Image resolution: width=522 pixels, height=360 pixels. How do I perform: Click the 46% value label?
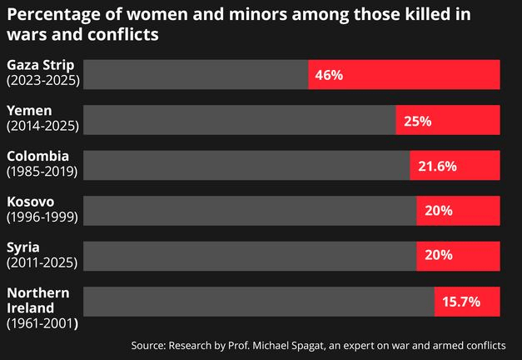point(329,75)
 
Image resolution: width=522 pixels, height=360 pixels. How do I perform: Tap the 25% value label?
point(417,121)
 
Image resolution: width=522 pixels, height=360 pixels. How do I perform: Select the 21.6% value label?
point(437,166)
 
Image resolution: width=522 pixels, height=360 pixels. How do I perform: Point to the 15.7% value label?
point(460,302)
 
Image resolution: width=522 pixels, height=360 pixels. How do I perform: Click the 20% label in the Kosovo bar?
point(438,211)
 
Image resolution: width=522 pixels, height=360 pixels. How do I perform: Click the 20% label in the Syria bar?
point(438,256)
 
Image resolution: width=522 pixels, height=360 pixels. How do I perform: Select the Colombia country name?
point(37,156)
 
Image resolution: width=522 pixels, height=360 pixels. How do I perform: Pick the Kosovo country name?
point(30,202)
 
